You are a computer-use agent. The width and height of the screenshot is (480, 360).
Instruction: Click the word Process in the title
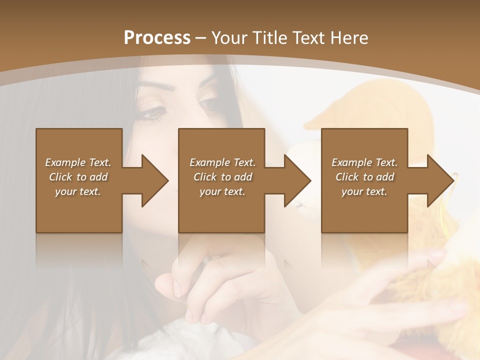point(157,38)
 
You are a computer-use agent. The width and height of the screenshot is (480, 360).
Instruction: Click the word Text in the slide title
point(308,38)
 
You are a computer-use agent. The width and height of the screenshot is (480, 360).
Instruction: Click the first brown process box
point(79,210)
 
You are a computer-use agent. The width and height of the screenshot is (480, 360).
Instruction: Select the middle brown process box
point(221,210)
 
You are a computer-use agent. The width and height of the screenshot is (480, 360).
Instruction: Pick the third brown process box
point(364,210)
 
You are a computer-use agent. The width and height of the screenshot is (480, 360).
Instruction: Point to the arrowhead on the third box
point(439,180)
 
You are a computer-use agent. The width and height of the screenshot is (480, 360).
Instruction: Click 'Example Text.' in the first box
point(78,162)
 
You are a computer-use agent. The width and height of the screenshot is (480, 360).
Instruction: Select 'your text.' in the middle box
point(222,191)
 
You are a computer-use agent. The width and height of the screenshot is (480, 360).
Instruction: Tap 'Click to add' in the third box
point(364,177)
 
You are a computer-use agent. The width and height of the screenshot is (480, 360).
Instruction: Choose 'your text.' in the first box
point(78,191)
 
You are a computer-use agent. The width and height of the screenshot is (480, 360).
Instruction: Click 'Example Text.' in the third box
point(364,162)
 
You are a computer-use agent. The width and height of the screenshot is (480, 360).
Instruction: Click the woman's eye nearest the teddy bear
point(210,104)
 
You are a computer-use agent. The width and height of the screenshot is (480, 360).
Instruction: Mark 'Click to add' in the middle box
point(222,177)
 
